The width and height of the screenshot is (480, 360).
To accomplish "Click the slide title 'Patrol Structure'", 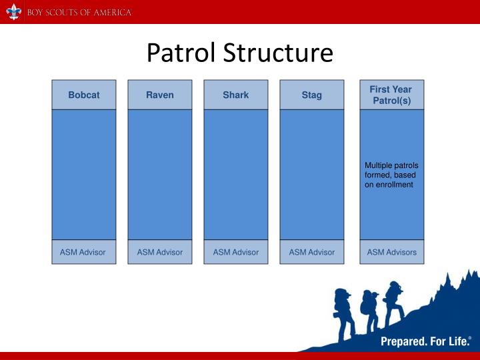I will [x=239, y=53].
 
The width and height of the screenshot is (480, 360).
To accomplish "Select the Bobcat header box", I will [x=84, y=95].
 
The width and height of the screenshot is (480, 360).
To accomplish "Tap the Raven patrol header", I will [x=160, y=95].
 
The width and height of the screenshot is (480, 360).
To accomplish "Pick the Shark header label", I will [x=236, y=95].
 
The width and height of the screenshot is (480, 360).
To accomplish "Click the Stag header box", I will [x=312, y=95].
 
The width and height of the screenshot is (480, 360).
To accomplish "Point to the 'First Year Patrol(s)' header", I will [x=391, y=95].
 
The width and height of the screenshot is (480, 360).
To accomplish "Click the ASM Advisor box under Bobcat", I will [x=84, y=252].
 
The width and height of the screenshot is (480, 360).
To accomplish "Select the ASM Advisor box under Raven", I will [x=160, y=252].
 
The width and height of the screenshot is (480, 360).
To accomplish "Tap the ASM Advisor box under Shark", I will [x=236, y=252].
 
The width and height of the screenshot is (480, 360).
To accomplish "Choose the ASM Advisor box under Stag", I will [x=312, y=252].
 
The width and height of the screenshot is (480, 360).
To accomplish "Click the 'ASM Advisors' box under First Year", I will [x=391, y=252].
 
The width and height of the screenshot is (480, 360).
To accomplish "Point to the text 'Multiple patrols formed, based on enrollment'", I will [x=391, y=175].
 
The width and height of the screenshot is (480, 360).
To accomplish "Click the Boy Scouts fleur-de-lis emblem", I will [x=13, y=11].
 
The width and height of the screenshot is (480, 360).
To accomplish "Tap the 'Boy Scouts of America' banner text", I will [x=79, y=13].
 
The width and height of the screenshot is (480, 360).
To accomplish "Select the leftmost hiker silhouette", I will [x=343, y=309].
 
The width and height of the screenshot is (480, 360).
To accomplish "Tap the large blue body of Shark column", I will [x=236, y=173].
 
